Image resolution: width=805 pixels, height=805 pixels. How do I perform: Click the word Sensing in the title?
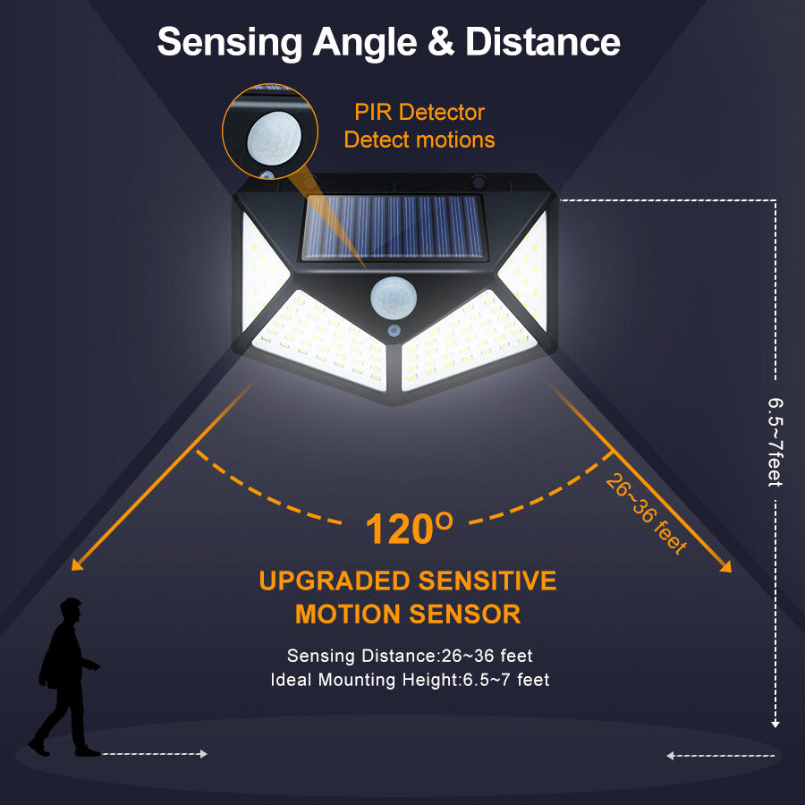229,42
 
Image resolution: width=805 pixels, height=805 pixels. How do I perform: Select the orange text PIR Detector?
419,113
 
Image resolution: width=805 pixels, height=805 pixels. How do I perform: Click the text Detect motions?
419,140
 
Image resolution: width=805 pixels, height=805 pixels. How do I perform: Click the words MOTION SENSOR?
408,614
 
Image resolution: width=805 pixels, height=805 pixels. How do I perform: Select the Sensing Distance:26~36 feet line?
410,657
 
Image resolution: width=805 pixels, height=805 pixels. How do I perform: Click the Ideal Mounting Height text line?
410,681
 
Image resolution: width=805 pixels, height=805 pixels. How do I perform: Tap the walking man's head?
71,612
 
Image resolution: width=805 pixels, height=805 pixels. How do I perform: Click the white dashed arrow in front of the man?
154,755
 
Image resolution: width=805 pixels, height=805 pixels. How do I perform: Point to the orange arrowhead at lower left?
77,563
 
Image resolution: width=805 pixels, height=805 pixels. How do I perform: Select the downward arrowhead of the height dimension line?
775,723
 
